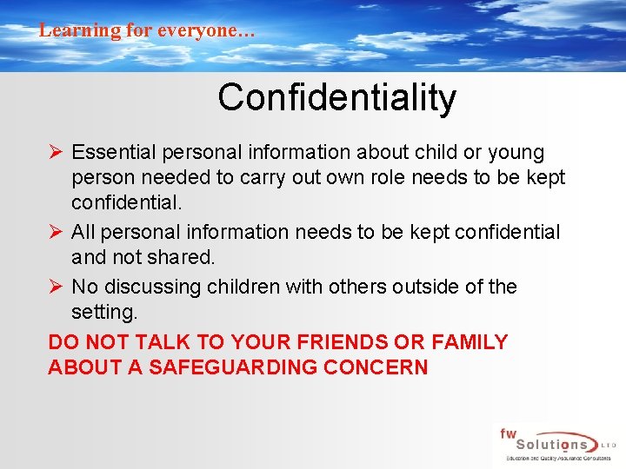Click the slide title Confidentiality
(336, 97)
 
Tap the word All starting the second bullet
(83, 233)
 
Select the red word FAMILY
(468, 342)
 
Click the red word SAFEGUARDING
(232, 367)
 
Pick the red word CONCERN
(376, 367)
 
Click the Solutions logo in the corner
(556, 445)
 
